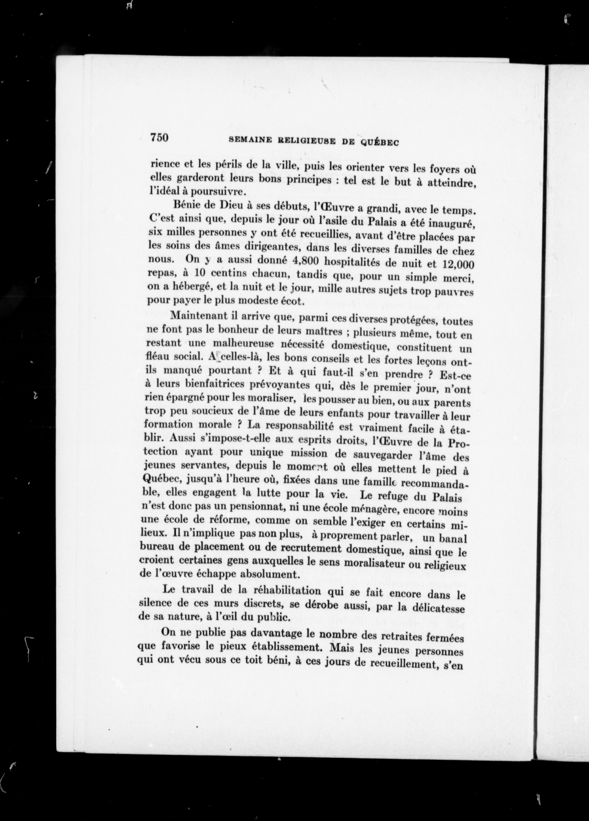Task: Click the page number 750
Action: tap(159, 138)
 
